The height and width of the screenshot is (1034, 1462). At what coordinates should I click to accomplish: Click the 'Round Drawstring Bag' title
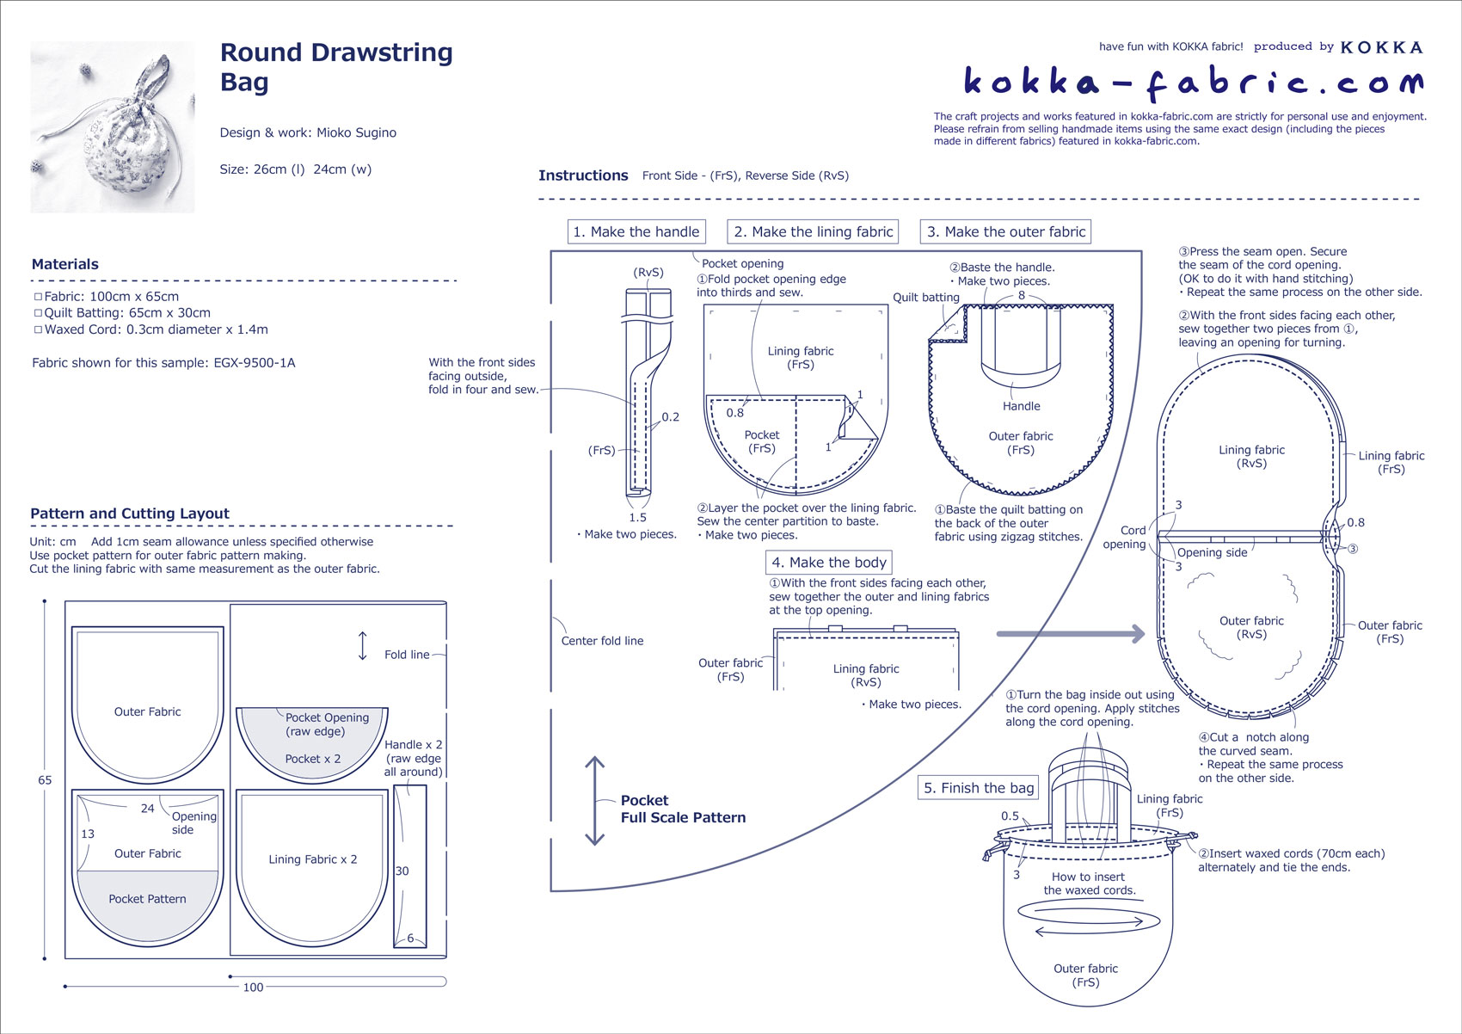[335, 66]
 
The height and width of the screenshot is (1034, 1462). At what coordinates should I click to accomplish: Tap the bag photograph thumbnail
[113, 126]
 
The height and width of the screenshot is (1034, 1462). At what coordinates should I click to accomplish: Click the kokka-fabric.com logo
[1193, 82]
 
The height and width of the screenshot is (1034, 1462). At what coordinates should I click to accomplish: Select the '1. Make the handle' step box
[636, 231]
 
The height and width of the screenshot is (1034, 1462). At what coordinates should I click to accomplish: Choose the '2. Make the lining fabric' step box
[813, 231]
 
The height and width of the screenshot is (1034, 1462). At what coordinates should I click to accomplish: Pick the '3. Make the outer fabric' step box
[1006, 231]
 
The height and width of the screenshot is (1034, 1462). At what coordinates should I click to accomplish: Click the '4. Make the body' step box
[828, 562]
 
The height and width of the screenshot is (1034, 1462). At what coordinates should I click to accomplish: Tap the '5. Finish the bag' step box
[979, 787]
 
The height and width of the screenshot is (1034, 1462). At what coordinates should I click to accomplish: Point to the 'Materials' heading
[65, 264]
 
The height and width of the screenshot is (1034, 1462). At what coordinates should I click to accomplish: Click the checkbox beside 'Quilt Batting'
[38, 313]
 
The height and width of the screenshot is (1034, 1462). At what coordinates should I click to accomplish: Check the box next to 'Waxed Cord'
[38, 329]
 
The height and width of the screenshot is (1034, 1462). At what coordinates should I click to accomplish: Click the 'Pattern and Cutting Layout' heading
[130, 514]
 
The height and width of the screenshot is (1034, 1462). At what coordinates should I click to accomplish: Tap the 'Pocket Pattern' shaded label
[147, 899]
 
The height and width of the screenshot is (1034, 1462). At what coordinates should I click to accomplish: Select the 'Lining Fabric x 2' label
[312, 859]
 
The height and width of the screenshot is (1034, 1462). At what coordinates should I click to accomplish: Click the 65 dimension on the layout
[45, 780]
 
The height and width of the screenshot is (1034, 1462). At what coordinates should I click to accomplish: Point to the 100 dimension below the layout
[253, 988]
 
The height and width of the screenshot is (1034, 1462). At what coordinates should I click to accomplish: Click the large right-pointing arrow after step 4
[1071, 634]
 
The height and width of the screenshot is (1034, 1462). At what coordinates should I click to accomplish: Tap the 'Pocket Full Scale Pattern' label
[683, 809]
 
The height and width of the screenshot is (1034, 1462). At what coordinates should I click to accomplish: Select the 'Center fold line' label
[602, 641]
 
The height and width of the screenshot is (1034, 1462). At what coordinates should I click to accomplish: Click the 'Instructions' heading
[583, 175]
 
